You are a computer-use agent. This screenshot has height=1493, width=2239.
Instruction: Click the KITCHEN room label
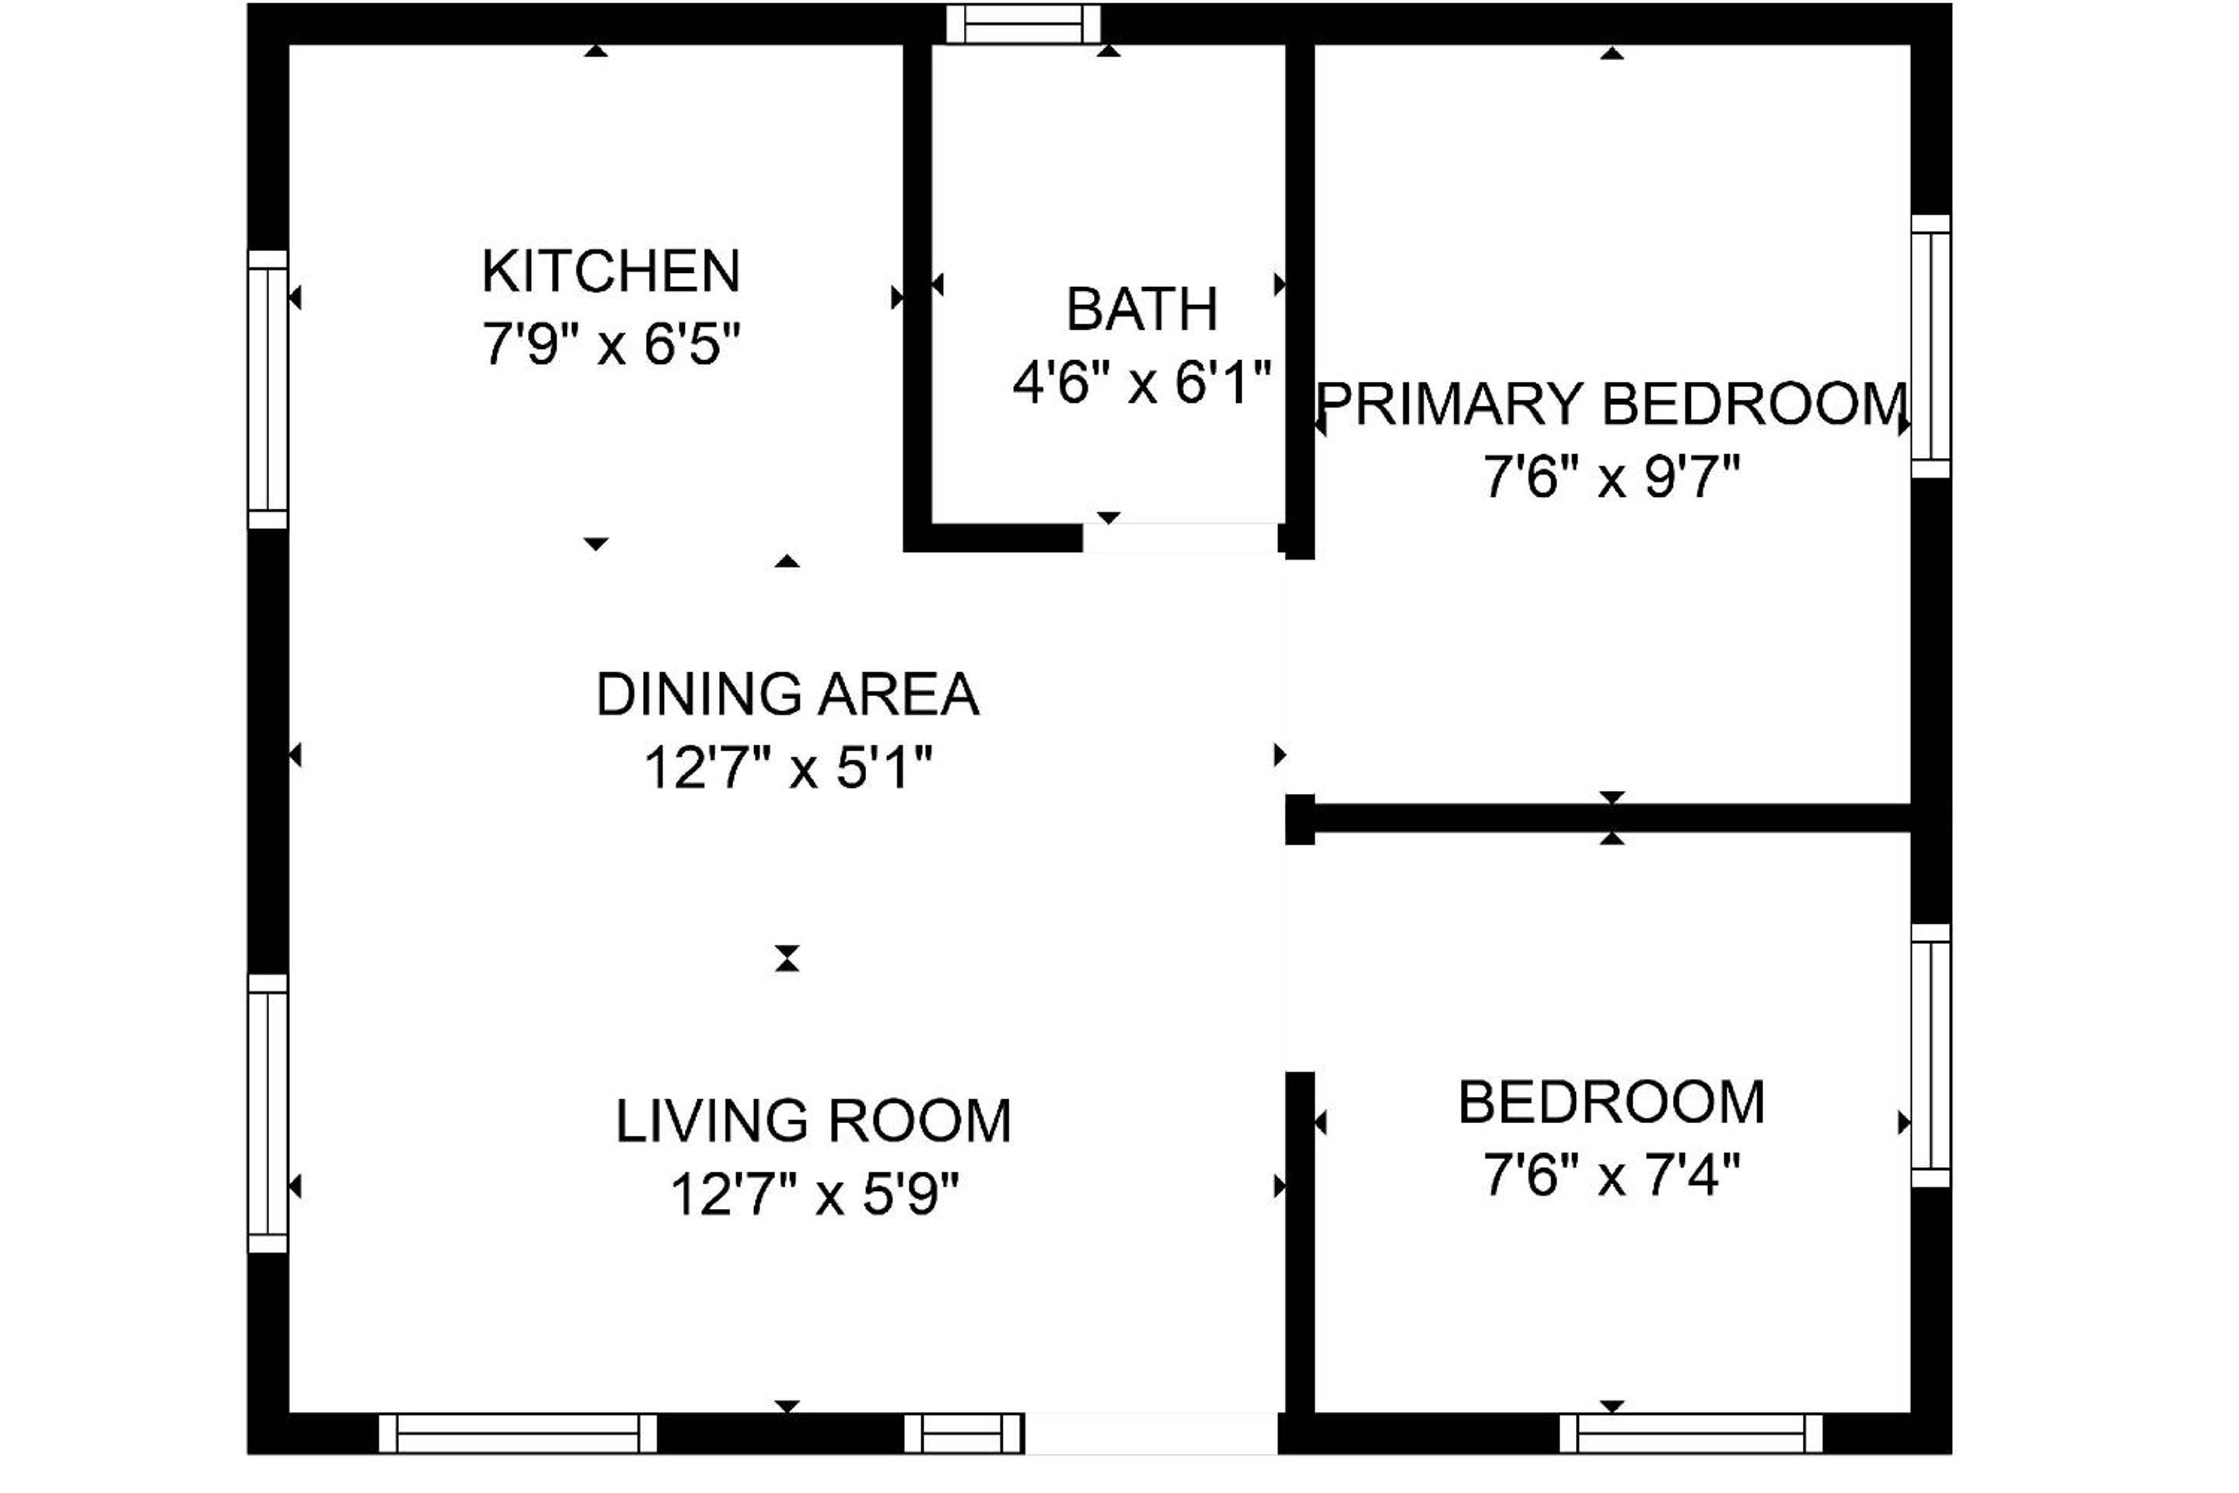point(610,271)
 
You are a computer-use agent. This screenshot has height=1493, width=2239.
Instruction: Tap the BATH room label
point(1141,309)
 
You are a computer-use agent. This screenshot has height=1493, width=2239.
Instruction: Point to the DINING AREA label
point(788,694)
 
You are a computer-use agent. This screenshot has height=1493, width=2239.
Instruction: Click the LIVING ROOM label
point(813,1121)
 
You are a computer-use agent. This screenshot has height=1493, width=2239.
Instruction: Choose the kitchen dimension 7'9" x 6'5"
point(611,344)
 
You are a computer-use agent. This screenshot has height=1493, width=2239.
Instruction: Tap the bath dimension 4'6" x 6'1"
point(1141,383)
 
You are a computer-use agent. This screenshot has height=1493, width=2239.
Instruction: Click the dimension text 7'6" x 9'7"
point(1612,477)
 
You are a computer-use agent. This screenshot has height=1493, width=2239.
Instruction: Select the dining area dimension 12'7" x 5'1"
point(788,767)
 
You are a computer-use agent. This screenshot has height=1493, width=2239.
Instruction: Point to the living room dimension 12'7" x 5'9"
point(814,1194)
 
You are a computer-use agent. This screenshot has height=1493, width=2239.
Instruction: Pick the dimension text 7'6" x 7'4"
point(1612,1175)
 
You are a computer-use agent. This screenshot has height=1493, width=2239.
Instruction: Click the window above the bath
point(1023,24)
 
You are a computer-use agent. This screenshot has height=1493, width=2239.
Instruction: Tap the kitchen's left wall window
point(267,390)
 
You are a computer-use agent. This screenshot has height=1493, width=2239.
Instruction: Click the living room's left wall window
point(267,1113)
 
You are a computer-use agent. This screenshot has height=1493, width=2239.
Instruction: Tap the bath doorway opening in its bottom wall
point(1180,538)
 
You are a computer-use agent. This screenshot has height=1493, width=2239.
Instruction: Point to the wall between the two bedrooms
point(1599,818)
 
